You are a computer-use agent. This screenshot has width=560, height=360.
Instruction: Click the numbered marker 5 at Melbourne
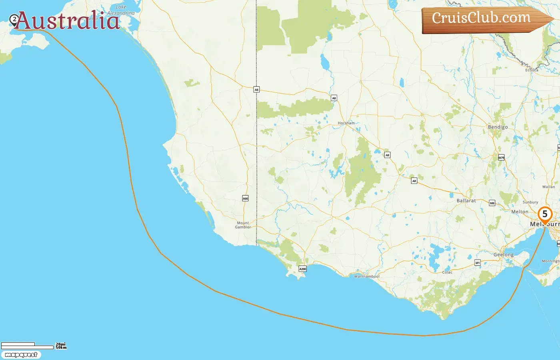click(544, 214)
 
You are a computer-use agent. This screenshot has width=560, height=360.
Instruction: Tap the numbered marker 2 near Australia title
click(14, 19)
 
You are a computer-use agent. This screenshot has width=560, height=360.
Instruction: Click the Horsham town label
click(346, 123)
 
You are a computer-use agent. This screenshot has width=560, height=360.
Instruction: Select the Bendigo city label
click(498, 127)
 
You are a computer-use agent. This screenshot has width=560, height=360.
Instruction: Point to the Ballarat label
click(466, 200)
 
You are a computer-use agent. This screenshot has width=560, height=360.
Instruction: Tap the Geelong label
click(504, 255)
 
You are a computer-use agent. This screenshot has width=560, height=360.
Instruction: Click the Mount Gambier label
click(243, 225)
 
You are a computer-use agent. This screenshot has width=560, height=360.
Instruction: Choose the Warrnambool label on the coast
click(367, 276)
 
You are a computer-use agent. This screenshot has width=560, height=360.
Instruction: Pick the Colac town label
click(447, 272)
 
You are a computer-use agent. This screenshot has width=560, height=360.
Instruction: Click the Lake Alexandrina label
click(121, 10)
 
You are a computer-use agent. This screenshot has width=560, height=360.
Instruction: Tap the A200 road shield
click(303, 269)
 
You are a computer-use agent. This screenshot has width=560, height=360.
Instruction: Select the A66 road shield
click(245, 198)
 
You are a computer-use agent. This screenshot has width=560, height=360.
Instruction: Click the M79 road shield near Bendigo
click(501, 158)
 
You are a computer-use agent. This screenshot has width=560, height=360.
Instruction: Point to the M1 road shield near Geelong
click(477, 263)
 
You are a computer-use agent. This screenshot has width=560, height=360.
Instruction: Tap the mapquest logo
click(21, 355)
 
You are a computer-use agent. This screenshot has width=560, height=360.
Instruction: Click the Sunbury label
click(530, 202)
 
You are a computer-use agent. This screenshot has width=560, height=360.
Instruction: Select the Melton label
click(520, 212)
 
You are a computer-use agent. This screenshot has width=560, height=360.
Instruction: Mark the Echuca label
click(532, 70)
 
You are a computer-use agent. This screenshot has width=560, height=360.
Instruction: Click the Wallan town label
click(548, 187)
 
